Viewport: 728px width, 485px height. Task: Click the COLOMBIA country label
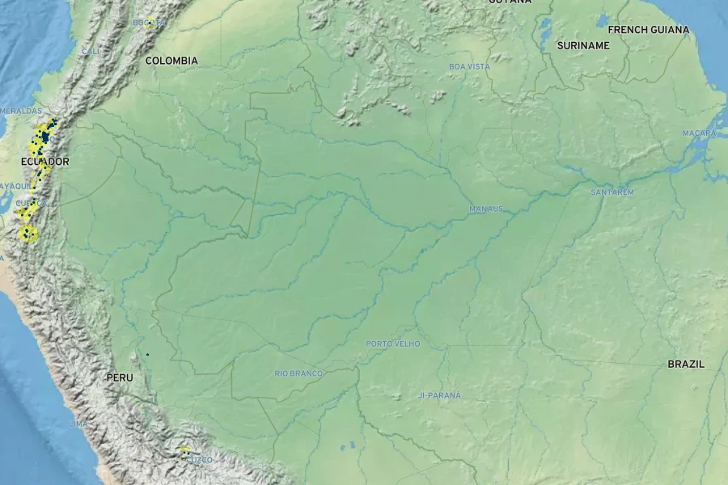click(x=171, y=61)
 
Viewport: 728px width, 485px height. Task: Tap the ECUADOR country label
click(x=45, y=162)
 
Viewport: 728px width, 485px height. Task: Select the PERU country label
click(x=120, y=377)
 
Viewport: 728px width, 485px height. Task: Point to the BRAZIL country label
click(x=686, y=365)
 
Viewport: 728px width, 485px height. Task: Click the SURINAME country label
click(x=583, y=46)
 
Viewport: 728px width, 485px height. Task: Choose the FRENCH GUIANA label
click(x=649, y=30)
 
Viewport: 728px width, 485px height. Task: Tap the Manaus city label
click(x=486, y=209)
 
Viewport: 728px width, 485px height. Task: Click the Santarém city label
click(x=612, y=192)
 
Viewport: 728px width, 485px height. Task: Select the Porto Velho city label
click(x=393, y=344)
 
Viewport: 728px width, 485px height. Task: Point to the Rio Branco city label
click(x=298, y=373)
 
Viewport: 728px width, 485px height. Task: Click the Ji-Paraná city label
click(x=440, y=395)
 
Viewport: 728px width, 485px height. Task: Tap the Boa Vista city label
click(x=470, y=66)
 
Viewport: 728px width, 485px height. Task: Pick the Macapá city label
click(x=700, y=133)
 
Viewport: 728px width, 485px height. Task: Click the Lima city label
click(x=78, y=424)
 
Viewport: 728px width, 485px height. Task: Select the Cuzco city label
click(x=200, y=459)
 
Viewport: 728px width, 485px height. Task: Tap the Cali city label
click(x=91, y=52)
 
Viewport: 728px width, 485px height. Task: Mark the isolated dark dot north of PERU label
click(x=147, y=354)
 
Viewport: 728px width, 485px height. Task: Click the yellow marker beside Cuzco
click(x=184, y=450)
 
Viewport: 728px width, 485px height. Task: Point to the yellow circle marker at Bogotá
click(x=150, y=22)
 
